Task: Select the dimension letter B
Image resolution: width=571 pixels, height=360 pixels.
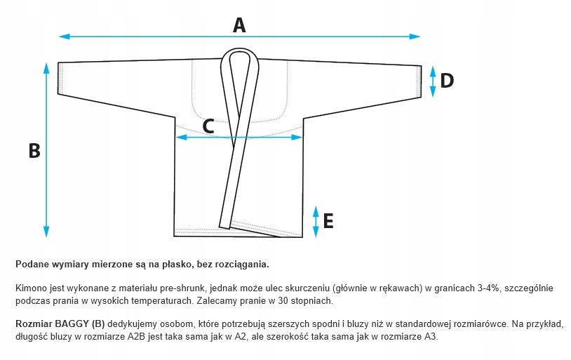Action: coord(33,151)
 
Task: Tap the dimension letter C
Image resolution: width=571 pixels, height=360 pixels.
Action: coord(208,126)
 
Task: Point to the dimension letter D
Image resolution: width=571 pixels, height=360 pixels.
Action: coord(447,80)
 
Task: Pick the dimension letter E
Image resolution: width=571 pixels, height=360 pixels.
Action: coord(328,222)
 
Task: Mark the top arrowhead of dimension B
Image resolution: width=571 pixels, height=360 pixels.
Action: coord(46,67)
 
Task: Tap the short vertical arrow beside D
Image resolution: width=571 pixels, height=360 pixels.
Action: coord(433,80)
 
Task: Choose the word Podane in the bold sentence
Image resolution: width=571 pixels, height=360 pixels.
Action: coord(32,265)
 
